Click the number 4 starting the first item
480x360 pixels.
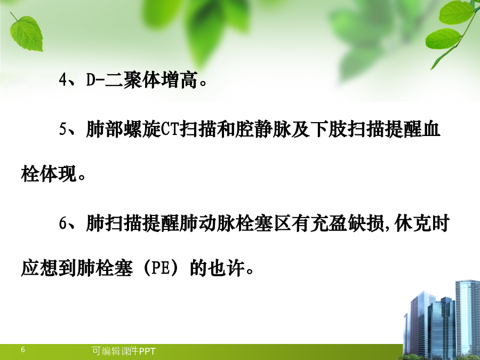[63, 80]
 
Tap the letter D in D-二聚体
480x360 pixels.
[91, 80]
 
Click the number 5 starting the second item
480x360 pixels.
[63, 130]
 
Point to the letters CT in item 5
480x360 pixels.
[170, 130]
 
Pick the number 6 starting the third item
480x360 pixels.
[63, 223]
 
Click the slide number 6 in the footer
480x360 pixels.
[23, 349]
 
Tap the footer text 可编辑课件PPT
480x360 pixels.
[124, 351]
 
